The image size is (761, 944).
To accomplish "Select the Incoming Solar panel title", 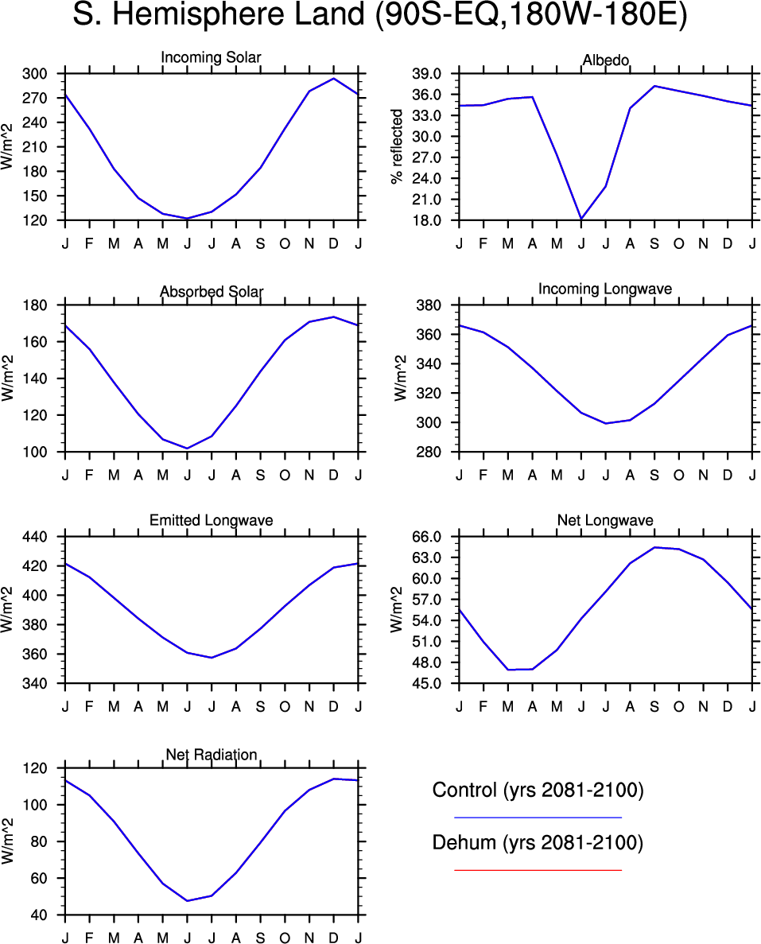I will (211, 57).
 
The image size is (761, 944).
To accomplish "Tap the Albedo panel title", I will (605, 61).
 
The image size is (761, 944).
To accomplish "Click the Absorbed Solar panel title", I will (211, 292).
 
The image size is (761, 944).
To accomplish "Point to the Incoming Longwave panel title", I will (605, 289).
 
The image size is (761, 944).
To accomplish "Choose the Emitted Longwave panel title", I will (211, 520).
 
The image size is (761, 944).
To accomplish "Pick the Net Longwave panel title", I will (605, 520).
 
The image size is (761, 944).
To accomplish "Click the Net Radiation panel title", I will (211, 754).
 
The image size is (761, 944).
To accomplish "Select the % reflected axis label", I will (398, 147).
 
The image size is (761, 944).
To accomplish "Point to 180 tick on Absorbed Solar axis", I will (41, 305).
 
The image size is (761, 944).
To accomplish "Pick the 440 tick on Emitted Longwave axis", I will (41, 537).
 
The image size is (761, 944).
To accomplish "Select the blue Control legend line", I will (538, 817).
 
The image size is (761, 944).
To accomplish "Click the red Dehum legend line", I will (538, 870).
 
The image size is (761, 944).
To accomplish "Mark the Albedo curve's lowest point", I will (581, 219).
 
